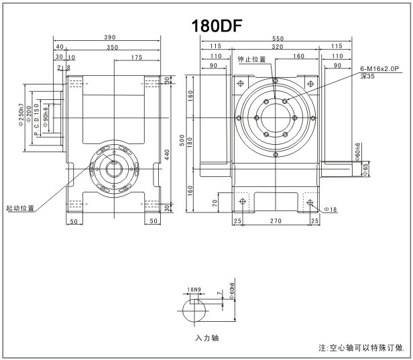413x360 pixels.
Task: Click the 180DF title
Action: coord(216,25)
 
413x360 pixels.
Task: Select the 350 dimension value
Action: coord(112,48)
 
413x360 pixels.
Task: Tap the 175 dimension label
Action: coord(137,57)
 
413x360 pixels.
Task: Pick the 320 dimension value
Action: coord(276,48)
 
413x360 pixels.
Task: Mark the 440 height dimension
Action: coord(166,153)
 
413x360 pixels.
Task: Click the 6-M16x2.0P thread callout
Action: coord(379,69)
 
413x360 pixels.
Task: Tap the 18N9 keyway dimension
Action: coord(194,290)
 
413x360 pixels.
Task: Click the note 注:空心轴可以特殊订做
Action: coord(361,349)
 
